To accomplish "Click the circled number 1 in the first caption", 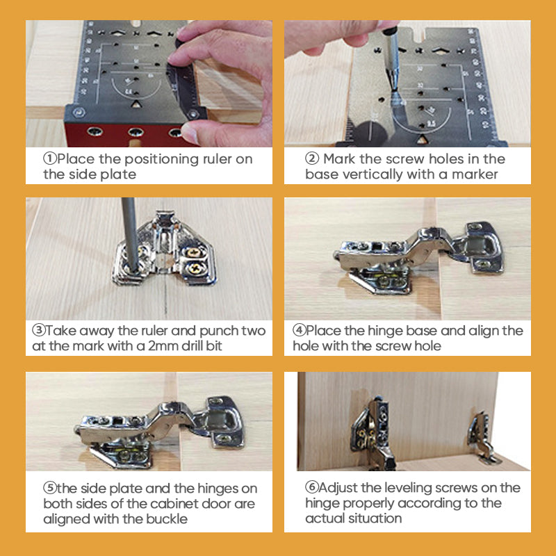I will [x=50, y=159].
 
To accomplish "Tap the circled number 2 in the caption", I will [x=311, y=159].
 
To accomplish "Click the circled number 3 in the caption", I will [x=39, y=331].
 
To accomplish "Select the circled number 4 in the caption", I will [x=299, y=331].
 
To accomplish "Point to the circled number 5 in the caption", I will [x=49, y=488].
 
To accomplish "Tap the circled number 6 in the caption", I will [x=311, y=488].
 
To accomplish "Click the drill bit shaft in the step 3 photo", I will [x=126, y=229].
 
